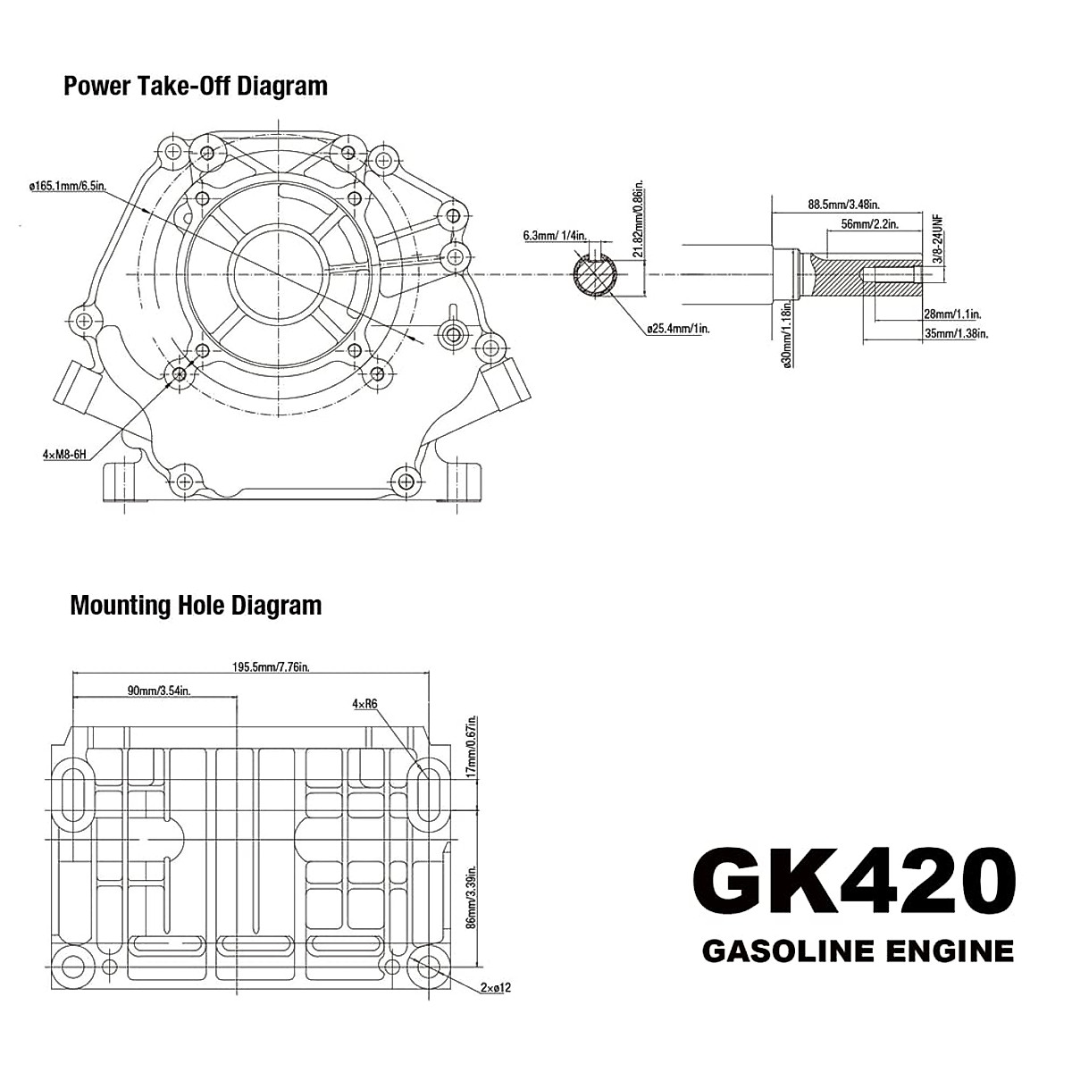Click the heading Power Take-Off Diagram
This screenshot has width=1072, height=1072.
[196, 86]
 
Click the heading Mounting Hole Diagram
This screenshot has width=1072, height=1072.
[196, 605]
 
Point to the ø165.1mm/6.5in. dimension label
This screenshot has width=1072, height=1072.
[67, 186]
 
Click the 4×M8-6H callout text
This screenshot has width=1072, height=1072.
[64, 455]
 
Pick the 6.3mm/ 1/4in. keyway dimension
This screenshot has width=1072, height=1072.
[554, 236]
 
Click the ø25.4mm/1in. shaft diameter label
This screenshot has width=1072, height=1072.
[678, 329]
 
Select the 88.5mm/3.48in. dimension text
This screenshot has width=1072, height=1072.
[844, 204]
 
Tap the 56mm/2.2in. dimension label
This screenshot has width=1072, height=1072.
[868, 223]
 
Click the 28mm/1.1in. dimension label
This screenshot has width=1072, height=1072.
[951, 314]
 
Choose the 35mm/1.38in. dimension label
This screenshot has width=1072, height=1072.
[957, 333]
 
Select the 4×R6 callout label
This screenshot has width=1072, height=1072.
[364, 704]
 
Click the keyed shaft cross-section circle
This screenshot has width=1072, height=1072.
[594, 273]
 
